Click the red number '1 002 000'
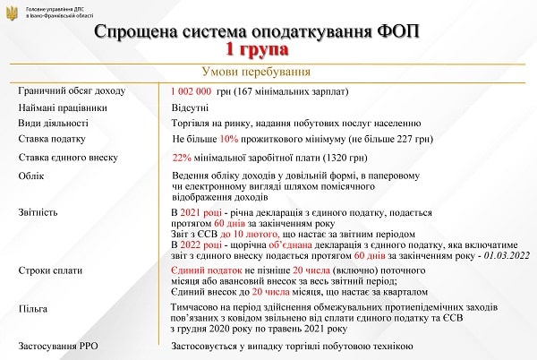click(191, 91)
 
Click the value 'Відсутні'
click(189, 107)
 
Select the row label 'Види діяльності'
click(53, 123)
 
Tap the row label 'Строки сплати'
click(50, 270)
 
